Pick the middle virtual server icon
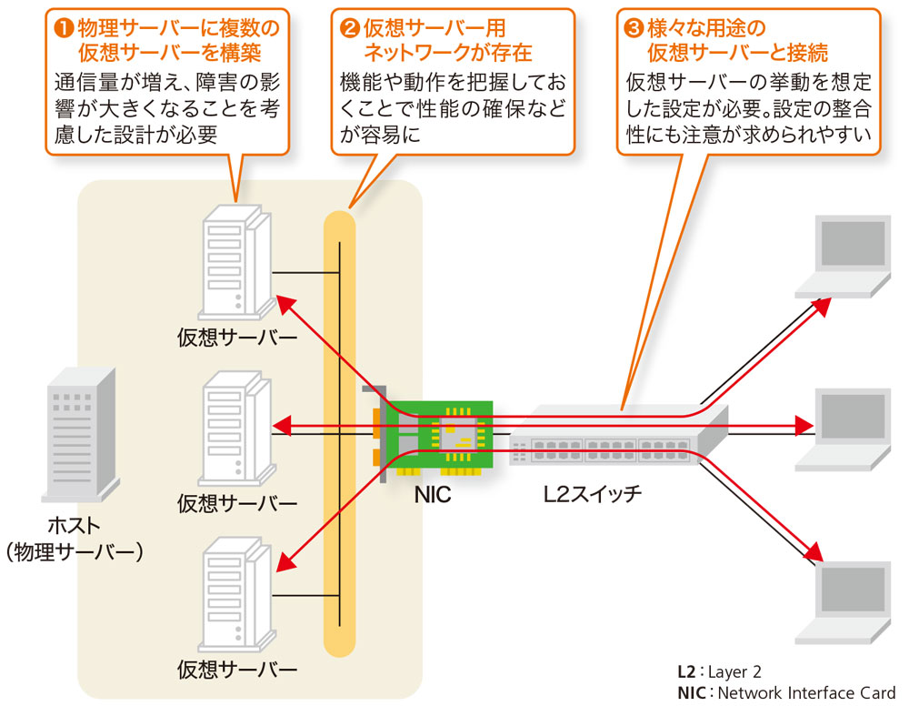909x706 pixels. click(x=235, y=428)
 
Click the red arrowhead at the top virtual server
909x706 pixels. click(x=285, y=303)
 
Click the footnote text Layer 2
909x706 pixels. click(x=734, y=672)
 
